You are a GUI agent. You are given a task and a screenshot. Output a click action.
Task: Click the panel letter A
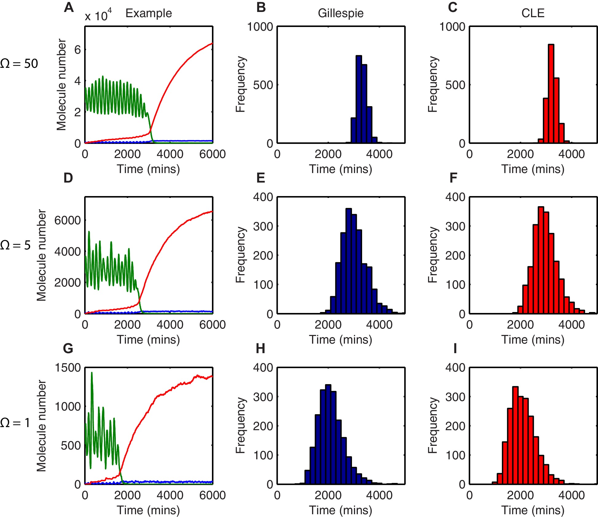[x=69, y=7]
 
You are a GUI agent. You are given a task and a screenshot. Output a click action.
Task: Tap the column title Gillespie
[x=341, y=13]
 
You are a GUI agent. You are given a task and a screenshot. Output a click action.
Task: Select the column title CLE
[x=533, y=13]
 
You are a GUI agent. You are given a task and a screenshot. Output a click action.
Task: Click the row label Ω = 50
[x=19, y=64]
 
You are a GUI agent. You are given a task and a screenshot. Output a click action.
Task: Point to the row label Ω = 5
[x=15, y=245]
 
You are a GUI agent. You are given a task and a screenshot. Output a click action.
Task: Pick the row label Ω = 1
[x=15, y=423]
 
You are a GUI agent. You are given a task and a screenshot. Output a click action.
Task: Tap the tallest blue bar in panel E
[x=349, y=261]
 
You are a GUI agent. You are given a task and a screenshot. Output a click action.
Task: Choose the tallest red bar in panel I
[x=515, y=435]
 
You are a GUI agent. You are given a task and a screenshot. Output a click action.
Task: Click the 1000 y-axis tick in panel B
[x=260, y=27]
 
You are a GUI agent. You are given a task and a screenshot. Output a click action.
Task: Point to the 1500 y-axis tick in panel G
[x=68, y=368]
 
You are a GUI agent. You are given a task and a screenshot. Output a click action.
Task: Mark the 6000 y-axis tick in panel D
[x=68, y=220]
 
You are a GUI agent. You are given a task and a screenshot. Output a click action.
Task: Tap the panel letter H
[x=260, y=349]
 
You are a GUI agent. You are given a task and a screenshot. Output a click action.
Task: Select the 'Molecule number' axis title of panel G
[x=41, y=426]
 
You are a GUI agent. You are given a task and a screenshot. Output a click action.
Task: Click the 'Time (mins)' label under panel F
[x=533, y=340]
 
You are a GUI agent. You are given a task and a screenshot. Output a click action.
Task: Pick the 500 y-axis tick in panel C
[x=455, y=85]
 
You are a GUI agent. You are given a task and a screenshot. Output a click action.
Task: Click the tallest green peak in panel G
[x=92, y=373]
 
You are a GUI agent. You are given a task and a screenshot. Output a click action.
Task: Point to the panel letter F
[x=453, y=178]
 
